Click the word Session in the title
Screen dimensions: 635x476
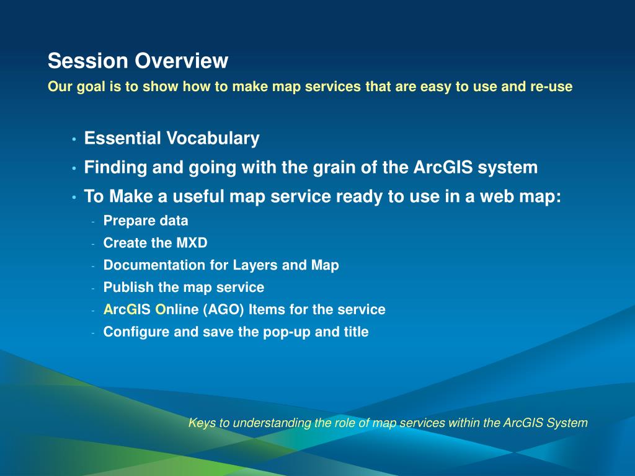click(x=88, y=61)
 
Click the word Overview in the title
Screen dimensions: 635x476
click(x=182, y=61)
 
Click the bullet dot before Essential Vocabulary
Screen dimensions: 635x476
click(x=74, y=139)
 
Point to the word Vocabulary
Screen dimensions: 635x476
click(x=213, y=138)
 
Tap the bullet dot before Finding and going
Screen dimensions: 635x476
click(x=74, y=169)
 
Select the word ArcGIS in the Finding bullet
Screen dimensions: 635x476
click(x=443, y=167)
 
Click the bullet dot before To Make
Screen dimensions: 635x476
click(x=74, y=198)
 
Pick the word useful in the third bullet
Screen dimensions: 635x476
click(x=198, y=196)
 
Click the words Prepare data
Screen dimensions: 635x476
click(x=146, y=221)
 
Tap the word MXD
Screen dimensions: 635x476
click(x=192, y=243)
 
